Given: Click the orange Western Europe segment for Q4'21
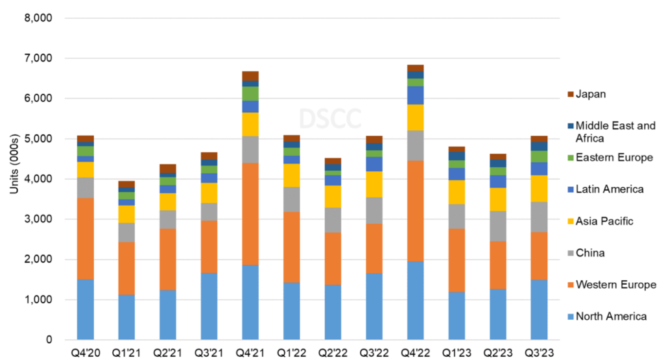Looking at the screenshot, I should [250, 213].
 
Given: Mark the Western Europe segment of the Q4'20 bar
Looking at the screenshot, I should [86, 239].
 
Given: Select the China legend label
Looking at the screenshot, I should [591, 252].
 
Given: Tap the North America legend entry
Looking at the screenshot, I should [611, 316].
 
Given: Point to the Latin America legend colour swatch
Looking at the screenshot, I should [571, 189].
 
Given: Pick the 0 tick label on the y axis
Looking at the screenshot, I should [49, 340].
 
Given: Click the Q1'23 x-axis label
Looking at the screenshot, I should [456, 353].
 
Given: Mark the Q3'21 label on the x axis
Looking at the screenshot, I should [209, 353].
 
